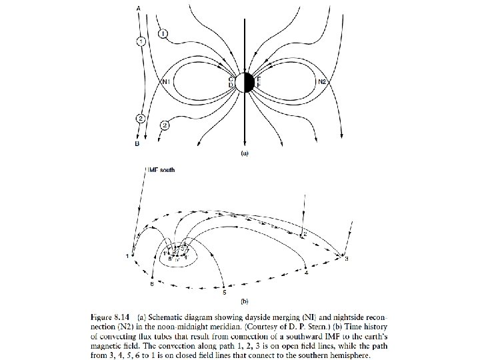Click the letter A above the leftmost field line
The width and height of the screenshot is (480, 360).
pos(138,7)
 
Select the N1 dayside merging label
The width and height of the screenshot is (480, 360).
pos(166,82)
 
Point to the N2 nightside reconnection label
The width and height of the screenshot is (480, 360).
pos(322,81)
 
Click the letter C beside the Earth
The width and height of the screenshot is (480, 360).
pos(231,79)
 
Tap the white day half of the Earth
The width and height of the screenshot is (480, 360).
pos(241,82)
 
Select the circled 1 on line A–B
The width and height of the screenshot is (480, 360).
pos(140,42)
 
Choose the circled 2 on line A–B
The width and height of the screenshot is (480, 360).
pos(140,119)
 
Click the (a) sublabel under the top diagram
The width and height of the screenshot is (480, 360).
pos(244,152)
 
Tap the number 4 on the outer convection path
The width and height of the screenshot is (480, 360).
pos(305,273)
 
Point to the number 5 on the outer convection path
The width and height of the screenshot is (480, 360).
pos(224,292)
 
